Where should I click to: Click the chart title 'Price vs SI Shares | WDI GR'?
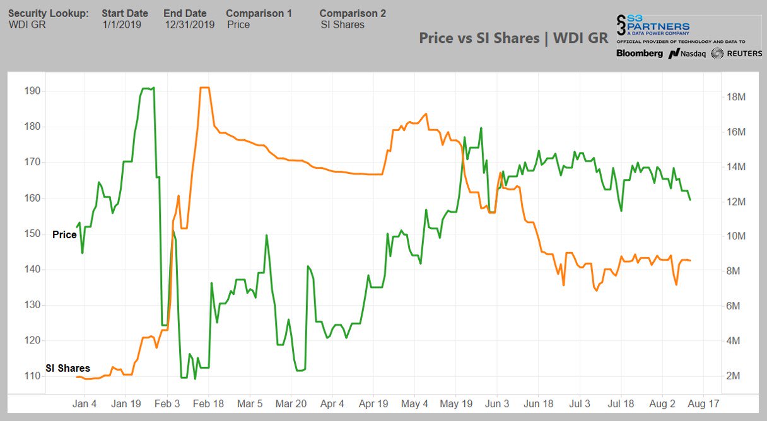[513, 38]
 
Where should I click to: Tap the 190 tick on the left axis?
[32, 91]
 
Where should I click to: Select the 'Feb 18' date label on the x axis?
[208, 403]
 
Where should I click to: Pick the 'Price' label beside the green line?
[64, 235]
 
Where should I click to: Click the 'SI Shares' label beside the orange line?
[67, 368]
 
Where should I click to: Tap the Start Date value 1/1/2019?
[122, 25]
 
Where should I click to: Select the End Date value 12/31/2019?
[189, 25]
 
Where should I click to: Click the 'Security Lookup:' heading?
[48, 13]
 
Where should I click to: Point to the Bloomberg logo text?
[640, 54]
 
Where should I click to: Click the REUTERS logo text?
[744, 54]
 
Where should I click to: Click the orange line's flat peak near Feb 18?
[204, 88]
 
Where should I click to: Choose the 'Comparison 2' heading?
[353, 13]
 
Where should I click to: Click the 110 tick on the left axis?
[32, 376]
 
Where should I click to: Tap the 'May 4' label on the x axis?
[414, 403]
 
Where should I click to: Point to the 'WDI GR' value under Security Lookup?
[27, 25]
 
